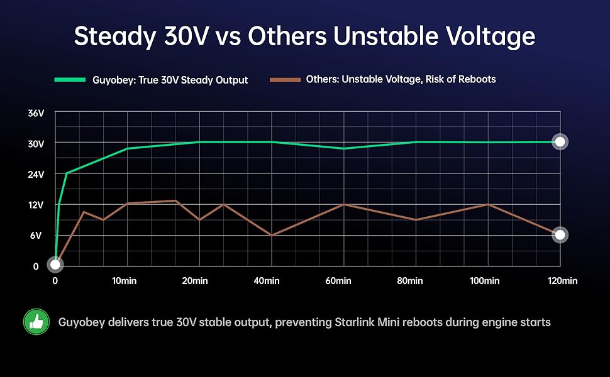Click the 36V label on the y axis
[x=36, y=113]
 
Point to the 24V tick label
[x=36, y=174]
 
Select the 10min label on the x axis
[x=128, y=281]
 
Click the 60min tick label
[x=338, y=281]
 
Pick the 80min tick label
[x=410, y=281]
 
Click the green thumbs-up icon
[x=36, y=322]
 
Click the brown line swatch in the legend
[x=286, y=80]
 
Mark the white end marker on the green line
[x=560, y=142]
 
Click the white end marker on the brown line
[x=560, y=235]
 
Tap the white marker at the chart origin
[x=55, y=265]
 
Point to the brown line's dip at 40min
[x=271, y=235]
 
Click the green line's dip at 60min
[x=343, y=148]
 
